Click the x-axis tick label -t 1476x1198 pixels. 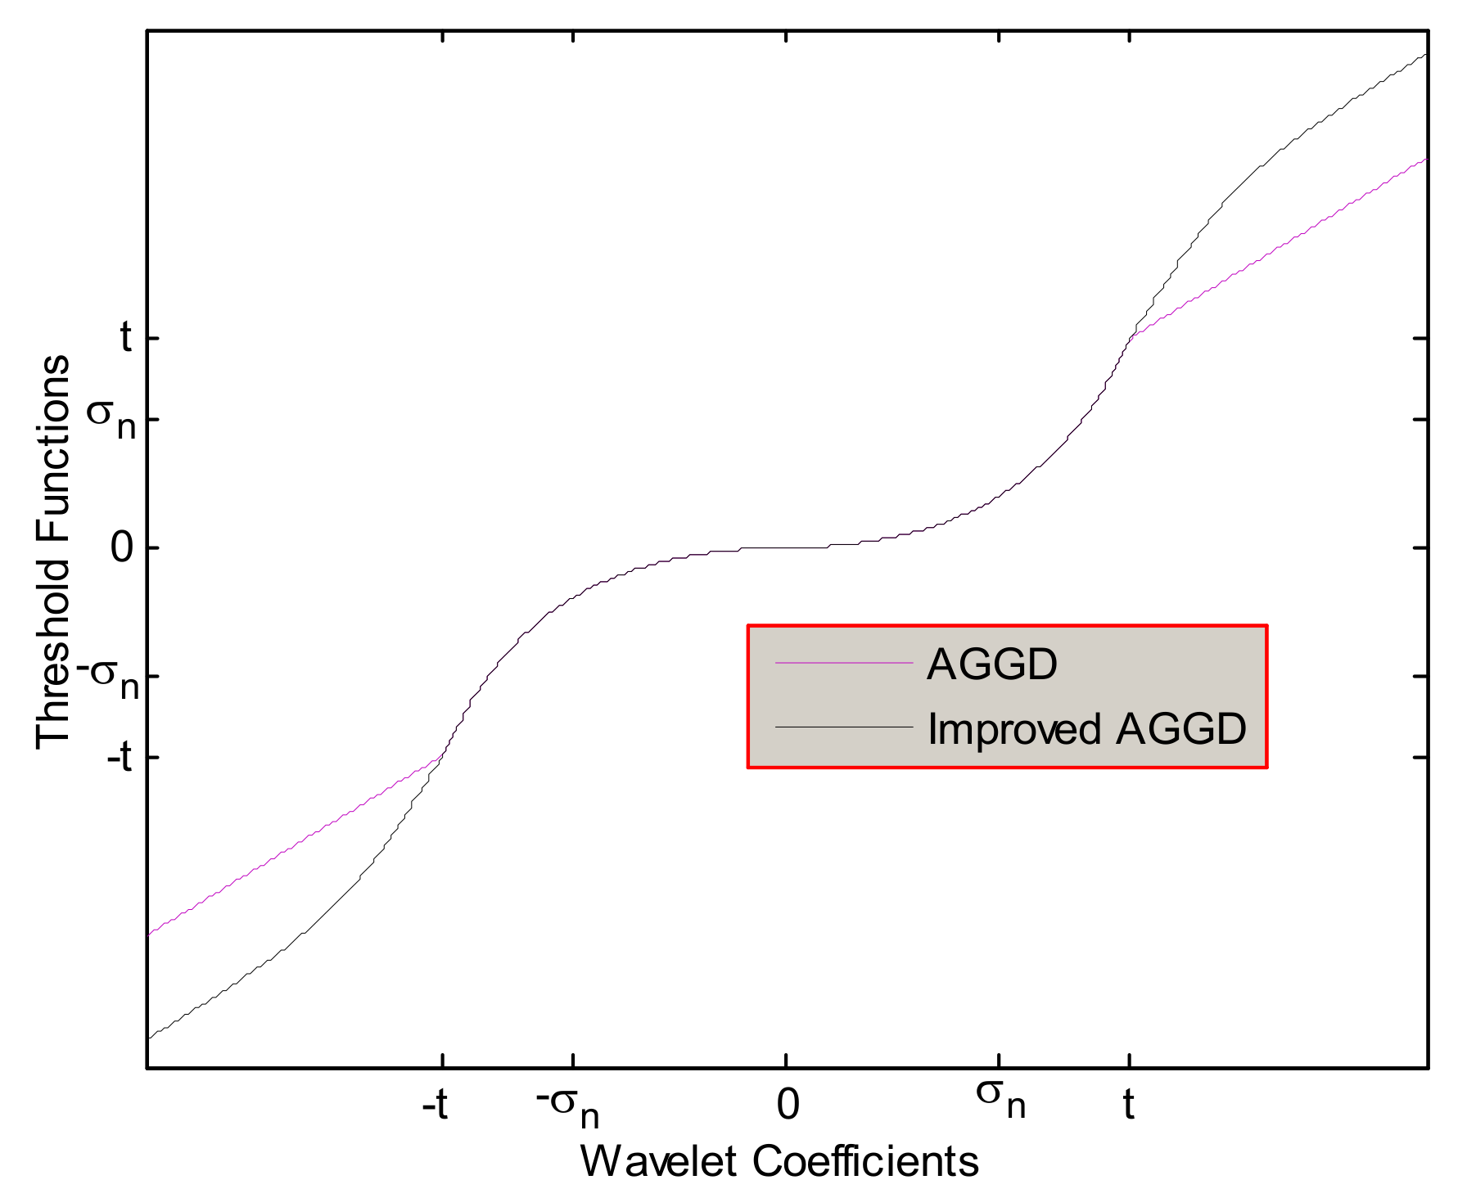tap(435, 1106)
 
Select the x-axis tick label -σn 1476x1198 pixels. tap(567, 1106)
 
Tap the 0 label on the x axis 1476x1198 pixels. tap(787, 1105)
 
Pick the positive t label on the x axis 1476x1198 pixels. tap(1128, 1105)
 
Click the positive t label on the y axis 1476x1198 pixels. tap(126, 337)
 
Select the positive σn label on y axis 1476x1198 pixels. tap(112, 418)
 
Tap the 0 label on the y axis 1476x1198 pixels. tap(122, 547)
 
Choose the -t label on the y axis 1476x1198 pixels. tap(120, 758)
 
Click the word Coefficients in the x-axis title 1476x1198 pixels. tap(864, 1160)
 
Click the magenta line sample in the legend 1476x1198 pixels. tap(843, 662)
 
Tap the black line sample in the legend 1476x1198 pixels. tap(843, 727)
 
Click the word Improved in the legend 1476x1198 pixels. tap(1014, 728)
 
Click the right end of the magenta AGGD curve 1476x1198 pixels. tap(1426, 159)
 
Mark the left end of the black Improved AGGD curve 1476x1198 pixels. tap(149, 1038)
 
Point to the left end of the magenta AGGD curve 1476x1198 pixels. tap(149, 934)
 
